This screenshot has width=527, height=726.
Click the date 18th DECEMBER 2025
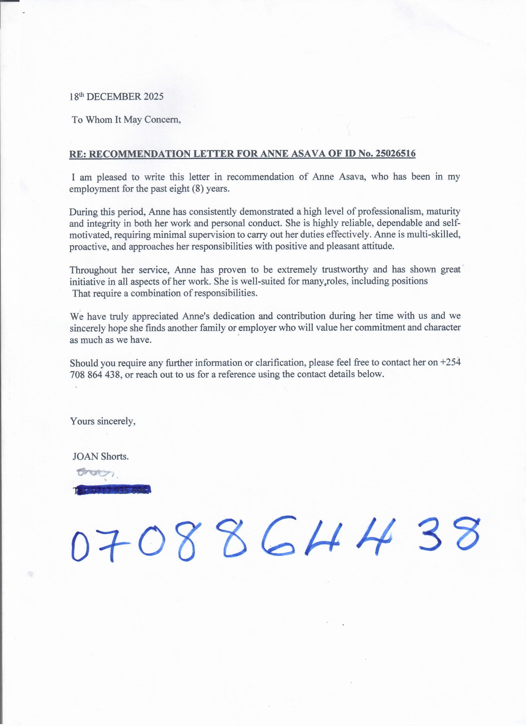(116, 97)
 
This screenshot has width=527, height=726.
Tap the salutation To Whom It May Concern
(126, 120)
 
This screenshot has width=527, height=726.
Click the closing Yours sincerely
(103, 421)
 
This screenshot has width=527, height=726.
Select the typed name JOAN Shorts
(100, 456)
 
